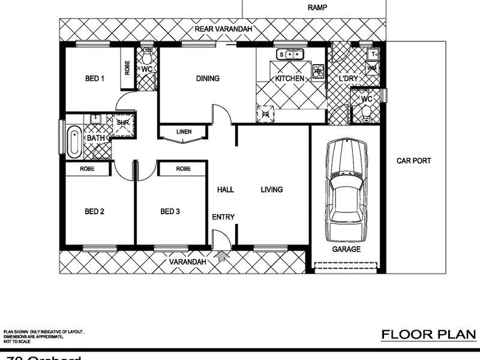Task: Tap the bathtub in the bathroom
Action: pyautogui.click(x=74, y=142)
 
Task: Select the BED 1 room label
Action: pyautogui.click(x=95, y=79)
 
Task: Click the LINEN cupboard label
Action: pyautogui.click(x=184, y=132)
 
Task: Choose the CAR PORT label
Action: pyautogui.click(x=414, y=161)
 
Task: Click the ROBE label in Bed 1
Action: pyautogui.click(x=127, y=68)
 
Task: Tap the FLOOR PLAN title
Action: pyautogui.click(x=428, y=334)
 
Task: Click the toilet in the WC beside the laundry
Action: pyautogui.click(x=364, y=111)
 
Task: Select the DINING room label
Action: pyautogui.click(x=208, y=79)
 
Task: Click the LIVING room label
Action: pyautogui.click(x=271, y=190)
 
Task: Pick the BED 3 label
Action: pyautogui.click(x=170, y=211)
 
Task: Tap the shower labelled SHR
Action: pyautogui.click(x=123, y=122)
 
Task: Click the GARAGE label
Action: pyautogui.click(x=346, y=249)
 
